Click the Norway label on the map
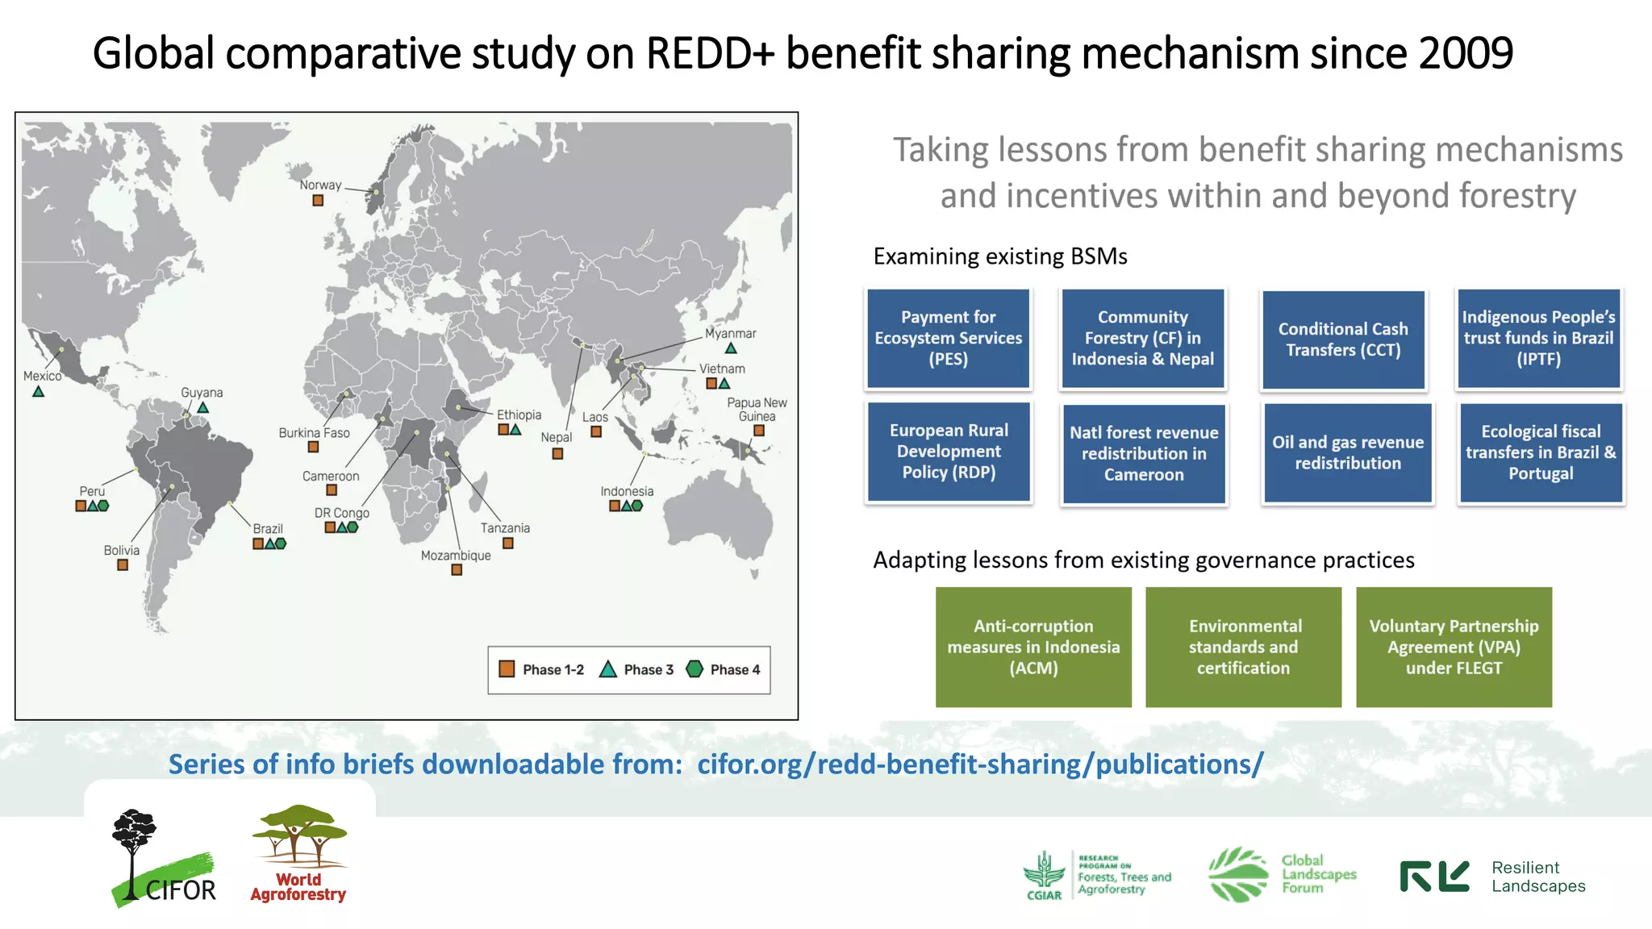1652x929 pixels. tap(320, 185)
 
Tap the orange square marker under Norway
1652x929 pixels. tap(318, 200)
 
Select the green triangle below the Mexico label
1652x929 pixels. tap(38, 392)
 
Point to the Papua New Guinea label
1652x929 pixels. tap(757, 409)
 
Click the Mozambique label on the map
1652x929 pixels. tap(455, 555)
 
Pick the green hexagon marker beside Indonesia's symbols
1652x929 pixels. tap(637, 506)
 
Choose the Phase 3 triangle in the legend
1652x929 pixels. tap(608, 669)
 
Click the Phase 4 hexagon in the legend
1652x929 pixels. tap(694, 669)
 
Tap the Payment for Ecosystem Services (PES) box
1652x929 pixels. tap(948, 339)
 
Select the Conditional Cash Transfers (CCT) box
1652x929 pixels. tap(1343, 340)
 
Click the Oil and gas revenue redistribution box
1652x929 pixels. tap(1347, 452)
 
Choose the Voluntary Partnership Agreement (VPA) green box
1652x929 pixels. tap(1454, 647)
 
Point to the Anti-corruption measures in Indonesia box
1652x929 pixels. tap(1033, 647)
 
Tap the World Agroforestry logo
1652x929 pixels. tap(298, 855)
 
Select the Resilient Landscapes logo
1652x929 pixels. tap(1492, 877)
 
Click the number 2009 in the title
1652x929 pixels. tap(1466, 53)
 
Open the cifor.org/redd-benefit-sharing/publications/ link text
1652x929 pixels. tap(980, 764)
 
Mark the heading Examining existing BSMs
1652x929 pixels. tap(999, 256)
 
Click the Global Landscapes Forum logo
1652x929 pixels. tap(1283, 874)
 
